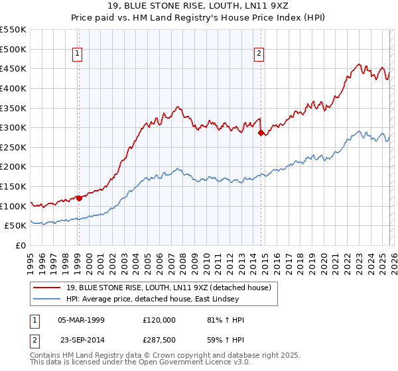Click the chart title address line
click(x=199, y=7)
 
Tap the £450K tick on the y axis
click(x=13, y=68)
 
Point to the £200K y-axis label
click(x=13, y=167)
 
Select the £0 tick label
click(x=20, y=245)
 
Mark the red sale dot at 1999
click(x=79, y=197)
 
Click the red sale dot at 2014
click(x=261, y=132)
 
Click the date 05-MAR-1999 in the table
click(x=81, y=320)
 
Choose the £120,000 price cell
click(x=159, y=320)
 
